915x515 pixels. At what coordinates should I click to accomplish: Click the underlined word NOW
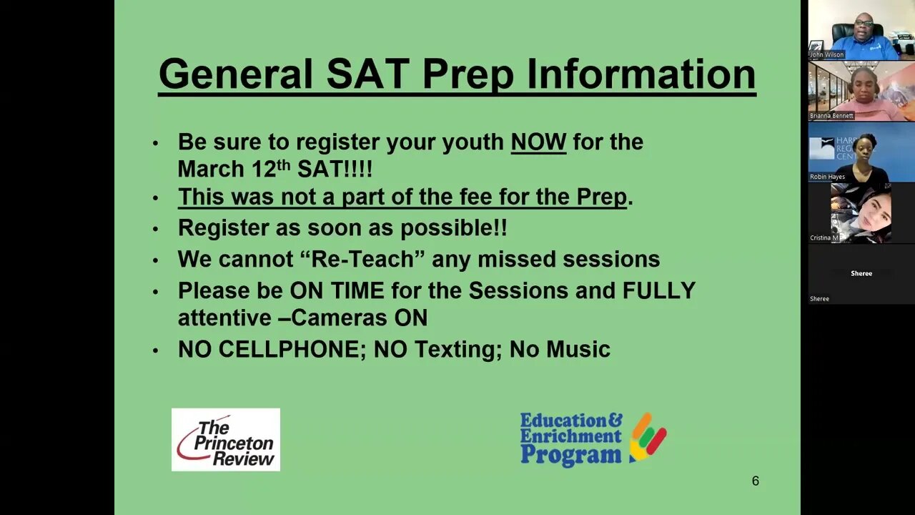click(538, 142)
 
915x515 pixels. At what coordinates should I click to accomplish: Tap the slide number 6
click(755, 481)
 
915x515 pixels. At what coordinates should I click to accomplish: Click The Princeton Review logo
click(226, 440)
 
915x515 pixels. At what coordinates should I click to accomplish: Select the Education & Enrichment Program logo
click(593, 438)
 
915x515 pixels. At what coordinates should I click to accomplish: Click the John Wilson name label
click(826, 54)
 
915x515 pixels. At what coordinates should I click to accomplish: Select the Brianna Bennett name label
click(831, 116)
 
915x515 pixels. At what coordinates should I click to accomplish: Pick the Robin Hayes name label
click(827, 177)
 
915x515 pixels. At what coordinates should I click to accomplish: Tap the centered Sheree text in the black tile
click(861, 273)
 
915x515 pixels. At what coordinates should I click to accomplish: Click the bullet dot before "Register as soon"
click(156, 229)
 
